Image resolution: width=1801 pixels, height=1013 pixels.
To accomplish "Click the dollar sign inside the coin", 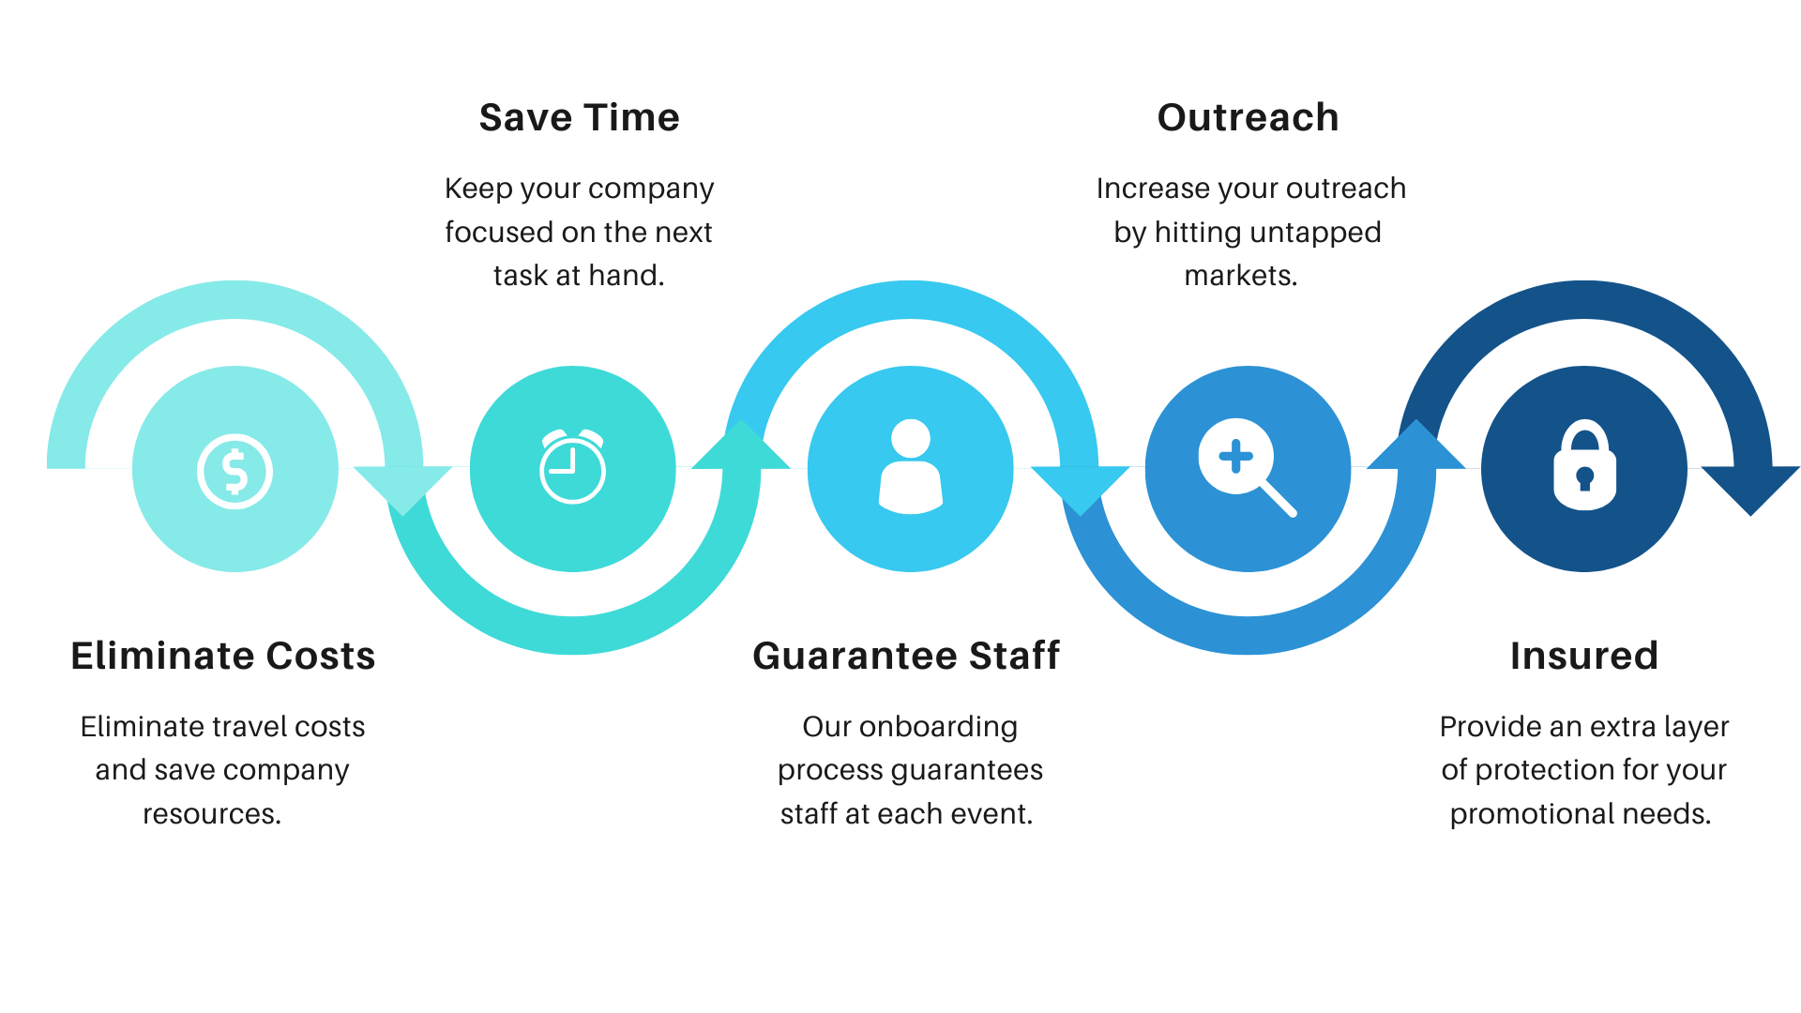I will click(x=235, y=472).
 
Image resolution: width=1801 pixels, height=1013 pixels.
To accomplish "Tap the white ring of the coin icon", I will click(x=202, y=472).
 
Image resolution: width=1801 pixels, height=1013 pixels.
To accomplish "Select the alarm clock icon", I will click(x=572, y=466).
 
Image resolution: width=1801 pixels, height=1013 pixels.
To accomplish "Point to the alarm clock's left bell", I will click(x=553, y=436).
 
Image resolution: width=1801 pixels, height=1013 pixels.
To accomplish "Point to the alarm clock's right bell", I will click(x=592, y=436).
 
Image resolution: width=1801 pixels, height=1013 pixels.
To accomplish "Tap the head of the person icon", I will click(x=910, y=438).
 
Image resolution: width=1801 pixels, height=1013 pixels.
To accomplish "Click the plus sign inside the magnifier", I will click(x=1235, y=457).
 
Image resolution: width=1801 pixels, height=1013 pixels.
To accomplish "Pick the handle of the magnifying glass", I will click(x=1278, y=499).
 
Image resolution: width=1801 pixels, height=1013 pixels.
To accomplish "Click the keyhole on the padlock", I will click(x=1585, y=478).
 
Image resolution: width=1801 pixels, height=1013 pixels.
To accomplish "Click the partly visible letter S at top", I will click(x=492, y=117).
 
